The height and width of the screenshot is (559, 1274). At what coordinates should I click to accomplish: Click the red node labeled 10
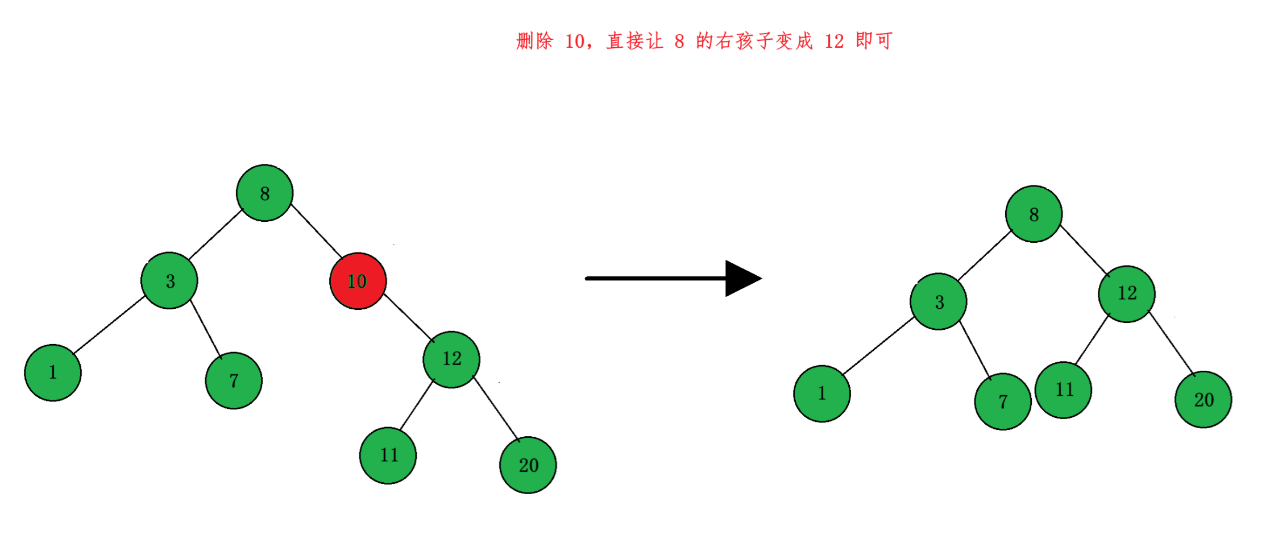point(358,281)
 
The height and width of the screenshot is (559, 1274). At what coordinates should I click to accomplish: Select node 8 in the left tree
point(265,193)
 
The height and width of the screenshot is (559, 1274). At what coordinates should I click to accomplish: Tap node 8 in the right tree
point(1034,214)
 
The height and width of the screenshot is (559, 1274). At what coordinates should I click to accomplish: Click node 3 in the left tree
point(169,281)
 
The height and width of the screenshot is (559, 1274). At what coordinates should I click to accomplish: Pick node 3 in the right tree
point(939,302)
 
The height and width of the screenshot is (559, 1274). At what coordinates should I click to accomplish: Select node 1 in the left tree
point(53,372)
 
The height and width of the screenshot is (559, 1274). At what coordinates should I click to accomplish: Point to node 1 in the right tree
point(822,394)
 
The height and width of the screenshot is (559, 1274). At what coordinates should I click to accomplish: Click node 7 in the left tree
point(234,380)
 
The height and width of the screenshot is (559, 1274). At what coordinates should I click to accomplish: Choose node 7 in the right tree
point(1003,401)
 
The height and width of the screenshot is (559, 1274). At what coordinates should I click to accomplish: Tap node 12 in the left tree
point(451,359)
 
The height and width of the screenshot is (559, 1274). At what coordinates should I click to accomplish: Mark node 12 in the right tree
point(1127,294)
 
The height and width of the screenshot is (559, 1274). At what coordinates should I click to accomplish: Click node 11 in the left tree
point(388,456)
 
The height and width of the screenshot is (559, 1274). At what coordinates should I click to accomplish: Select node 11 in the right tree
point(1064,390)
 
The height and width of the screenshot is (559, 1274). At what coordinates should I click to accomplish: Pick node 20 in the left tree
point(528,465)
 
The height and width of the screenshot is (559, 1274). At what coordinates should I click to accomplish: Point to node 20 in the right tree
point(1204,400)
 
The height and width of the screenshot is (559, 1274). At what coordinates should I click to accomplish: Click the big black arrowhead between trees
point(741,279)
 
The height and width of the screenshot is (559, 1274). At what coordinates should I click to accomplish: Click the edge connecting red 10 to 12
point(408,317)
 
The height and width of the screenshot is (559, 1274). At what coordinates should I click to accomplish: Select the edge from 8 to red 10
point(316,230)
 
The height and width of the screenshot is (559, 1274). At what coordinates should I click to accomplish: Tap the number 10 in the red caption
point(574,42)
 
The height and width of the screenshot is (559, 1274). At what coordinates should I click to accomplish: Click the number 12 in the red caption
point(834,42)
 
